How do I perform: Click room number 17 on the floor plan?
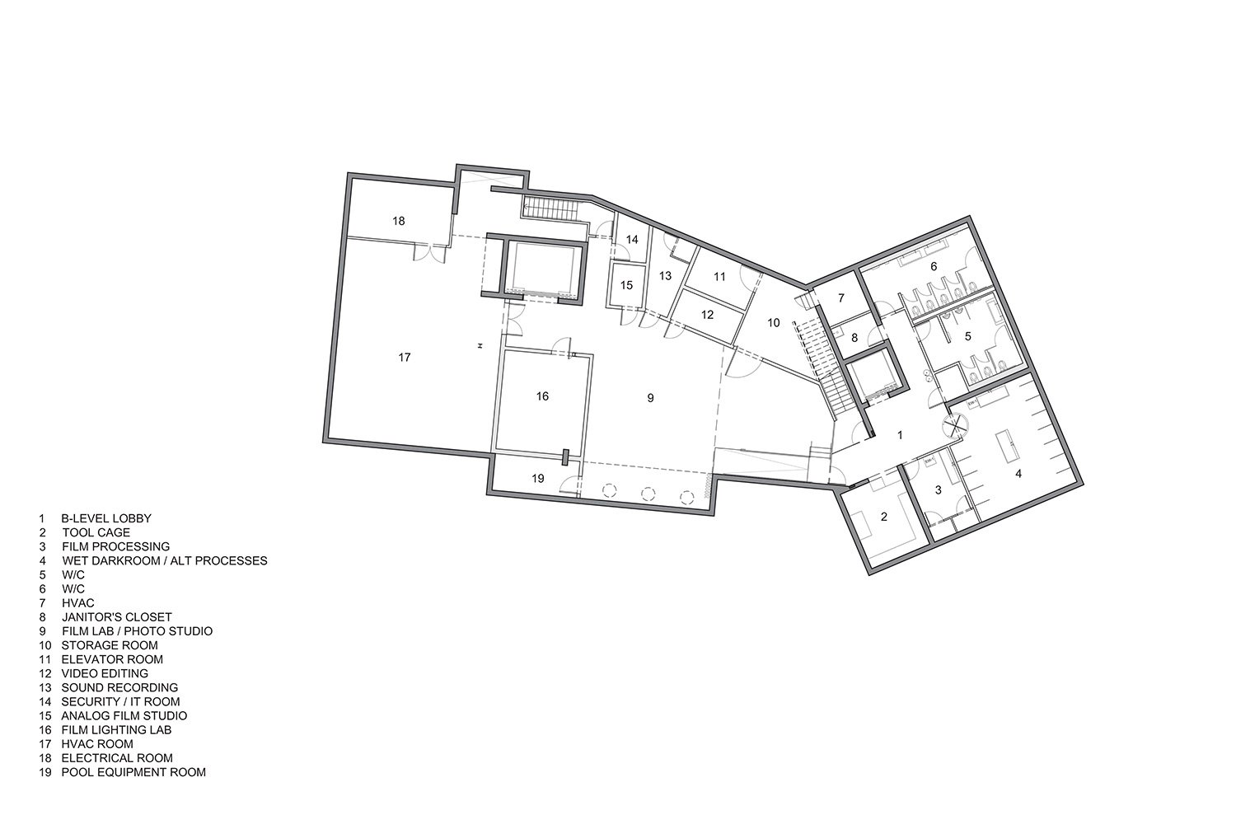point(405,358)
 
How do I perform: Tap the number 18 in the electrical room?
point(398,222)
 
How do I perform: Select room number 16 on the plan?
point(542,396)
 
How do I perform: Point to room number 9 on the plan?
point(651,398)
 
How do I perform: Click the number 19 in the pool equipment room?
point(538,479)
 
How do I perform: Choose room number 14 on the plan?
point(632,240)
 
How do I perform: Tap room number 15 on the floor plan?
point(626,285)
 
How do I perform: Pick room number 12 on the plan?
point(707,315)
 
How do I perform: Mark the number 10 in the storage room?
point(774,323)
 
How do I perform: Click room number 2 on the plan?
point(884,517)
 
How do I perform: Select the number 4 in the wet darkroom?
point(1018,474)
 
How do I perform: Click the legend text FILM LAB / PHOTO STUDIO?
point(137,631)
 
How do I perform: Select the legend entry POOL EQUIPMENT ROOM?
point(133,772)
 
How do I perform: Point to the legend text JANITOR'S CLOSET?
point(117,617)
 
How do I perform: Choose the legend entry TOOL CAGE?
point(96,532)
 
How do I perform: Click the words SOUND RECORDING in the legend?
point(119,688)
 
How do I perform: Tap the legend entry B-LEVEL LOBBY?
point(106,519)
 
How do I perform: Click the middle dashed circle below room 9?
point(648,493)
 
